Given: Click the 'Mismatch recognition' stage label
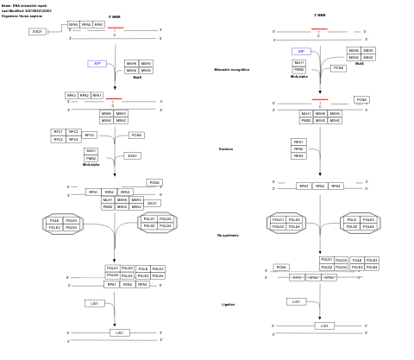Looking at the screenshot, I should point(231,69).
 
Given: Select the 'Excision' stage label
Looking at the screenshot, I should point(226,149).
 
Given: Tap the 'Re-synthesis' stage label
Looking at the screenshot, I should point(228,235).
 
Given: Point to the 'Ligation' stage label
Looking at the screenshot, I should point(228,304).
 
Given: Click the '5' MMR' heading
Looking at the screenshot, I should point(115,16).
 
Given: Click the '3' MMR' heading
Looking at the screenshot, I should point(320,15).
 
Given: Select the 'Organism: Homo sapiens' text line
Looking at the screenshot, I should point(21,16).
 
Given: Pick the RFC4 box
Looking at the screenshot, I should point(73,139).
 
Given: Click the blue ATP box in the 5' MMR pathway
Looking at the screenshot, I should point(97,64).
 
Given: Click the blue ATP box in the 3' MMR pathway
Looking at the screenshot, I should point(300,51).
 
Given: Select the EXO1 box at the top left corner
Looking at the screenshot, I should point(37,31).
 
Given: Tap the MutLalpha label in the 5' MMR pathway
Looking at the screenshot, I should point(91,164).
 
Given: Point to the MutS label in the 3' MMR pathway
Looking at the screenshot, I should point(360,63).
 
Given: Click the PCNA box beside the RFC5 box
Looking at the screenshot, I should point(136,136).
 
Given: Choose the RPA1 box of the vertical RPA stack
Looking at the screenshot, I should point(298,142).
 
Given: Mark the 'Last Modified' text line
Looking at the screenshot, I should point(26,11).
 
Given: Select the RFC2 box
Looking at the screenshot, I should point(58,139).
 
